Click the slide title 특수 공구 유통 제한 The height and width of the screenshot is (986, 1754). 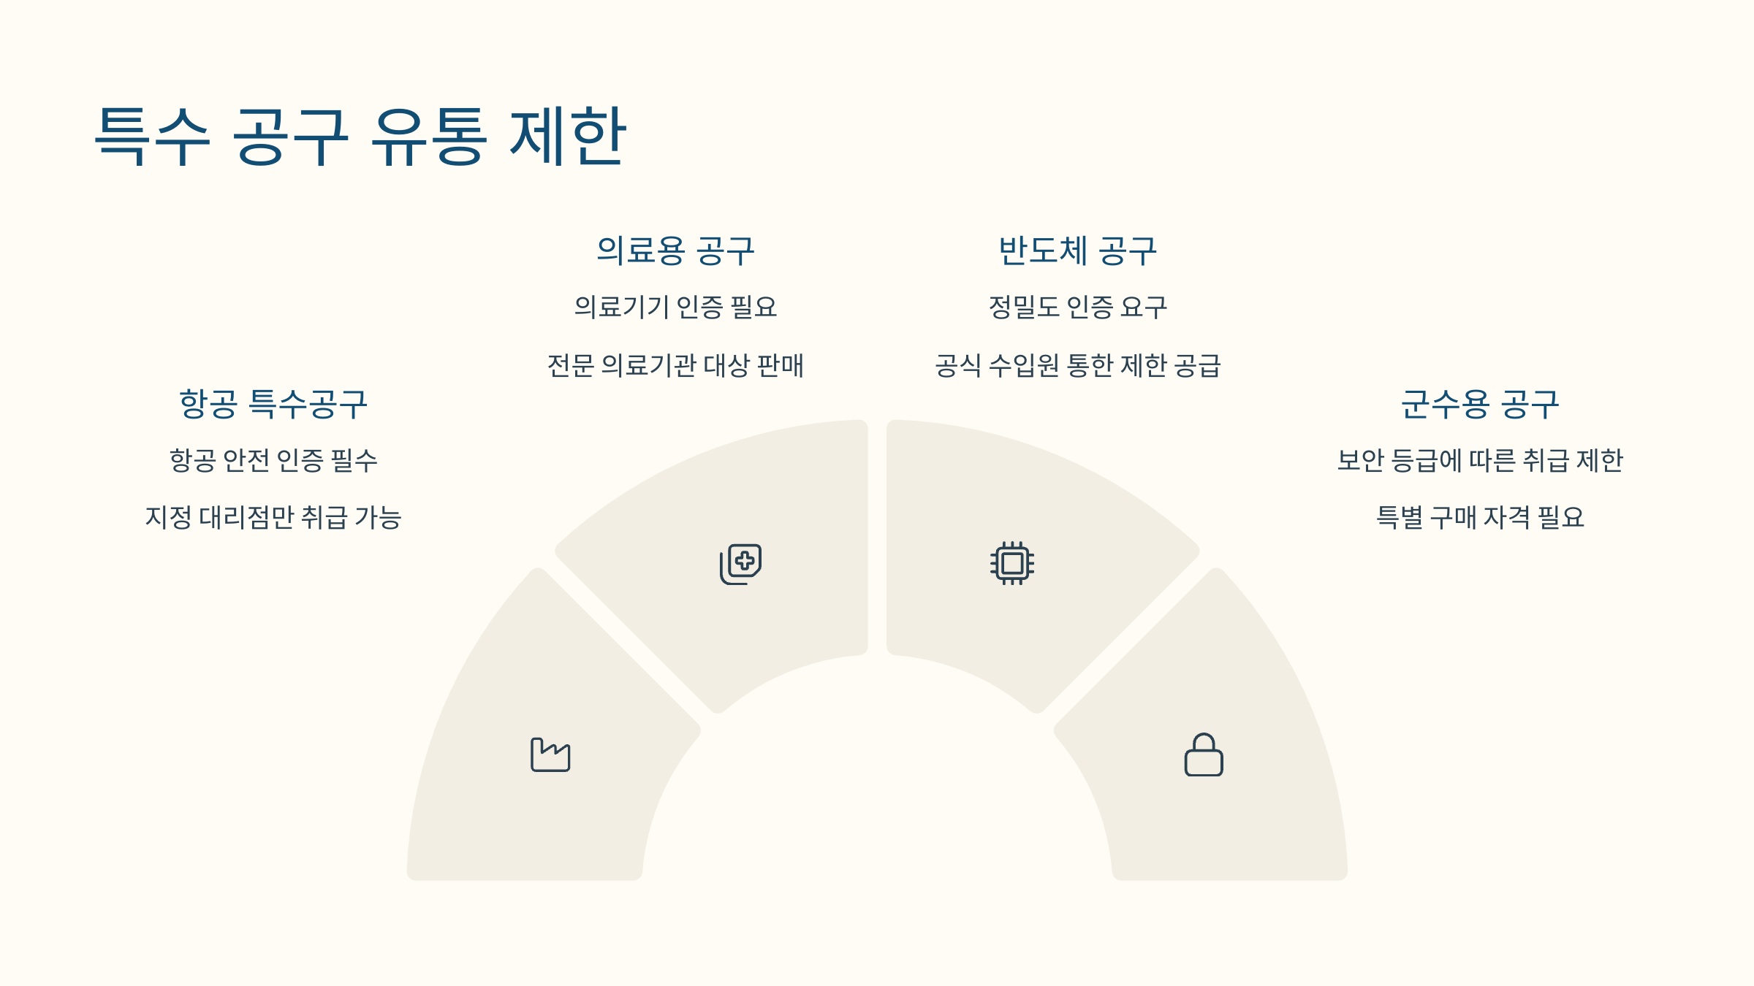(360, 136)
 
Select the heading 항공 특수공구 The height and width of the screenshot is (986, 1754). (273, 404)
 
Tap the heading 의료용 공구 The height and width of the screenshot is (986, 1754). (675, 251)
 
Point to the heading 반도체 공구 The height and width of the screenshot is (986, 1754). (1077, 251)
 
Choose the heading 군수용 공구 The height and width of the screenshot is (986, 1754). (1480, 404)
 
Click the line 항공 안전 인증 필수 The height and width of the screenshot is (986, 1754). (273, 460)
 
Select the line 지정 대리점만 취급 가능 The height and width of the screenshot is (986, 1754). (273, 517)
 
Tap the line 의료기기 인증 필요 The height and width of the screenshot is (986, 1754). (675, 307)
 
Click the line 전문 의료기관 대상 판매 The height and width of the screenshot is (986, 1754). (675, 365)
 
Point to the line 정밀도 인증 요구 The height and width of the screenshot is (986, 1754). (1077, 307)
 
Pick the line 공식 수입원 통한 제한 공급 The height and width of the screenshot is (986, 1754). (1077, 365)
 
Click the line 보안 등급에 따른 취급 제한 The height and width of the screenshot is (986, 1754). (1480, 460)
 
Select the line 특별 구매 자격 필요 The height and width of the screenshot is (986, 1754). (1480, 517)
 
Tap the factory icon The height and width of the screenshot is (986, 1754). (550, 754)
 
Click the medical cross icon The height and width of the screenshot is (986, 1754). (741, 564)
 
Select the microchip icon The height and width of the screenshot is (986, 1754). (1012, 563)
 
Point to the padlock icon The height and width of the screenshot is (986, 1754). (1204, 754)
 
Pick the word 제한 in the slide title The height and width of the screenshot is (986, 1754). (567, 136)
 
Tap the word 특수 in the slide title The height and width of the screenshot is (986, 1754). (153, 136)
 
